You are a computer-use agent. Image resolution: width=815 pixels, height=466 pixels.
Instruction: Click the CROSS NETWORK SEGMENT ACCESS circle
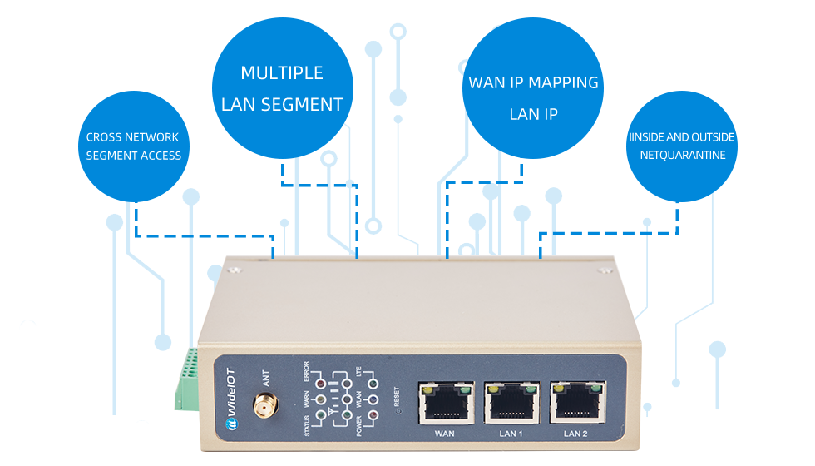(134, 146)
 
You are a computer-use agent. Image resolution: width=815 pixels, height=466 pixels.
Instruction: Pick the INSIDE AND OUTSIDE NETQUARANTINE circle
(681, 146)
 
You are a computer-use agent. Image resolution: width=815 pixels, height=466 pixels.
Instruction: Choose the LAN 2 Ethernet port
(576, 403)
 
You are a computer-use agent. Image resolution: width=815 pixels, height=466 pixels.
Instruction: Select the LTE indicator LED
(373, 384)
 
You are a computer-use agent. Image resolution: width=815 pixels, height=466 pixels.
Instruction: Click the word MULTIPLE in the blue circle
(281, 73)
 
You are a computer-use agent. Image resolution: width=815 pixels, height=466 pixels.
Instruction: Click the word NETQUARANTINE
(682, 156)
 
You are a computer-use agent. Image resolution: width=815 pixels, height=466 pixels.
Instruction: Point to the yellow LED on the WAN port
(427, 388)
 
